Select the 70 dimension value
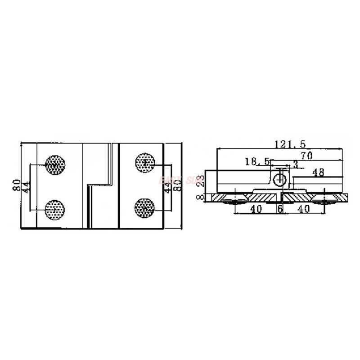306,156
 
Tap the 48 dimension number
318,172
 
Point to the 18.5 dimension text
257,161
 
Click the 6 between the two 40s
280,210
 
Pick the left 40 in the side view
256,210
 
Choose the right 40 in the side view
304,210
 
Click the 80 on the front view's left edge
17,185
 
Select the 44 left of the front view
26,187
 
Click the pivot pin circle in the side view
280,179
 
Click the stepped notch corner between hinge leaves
87,184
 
